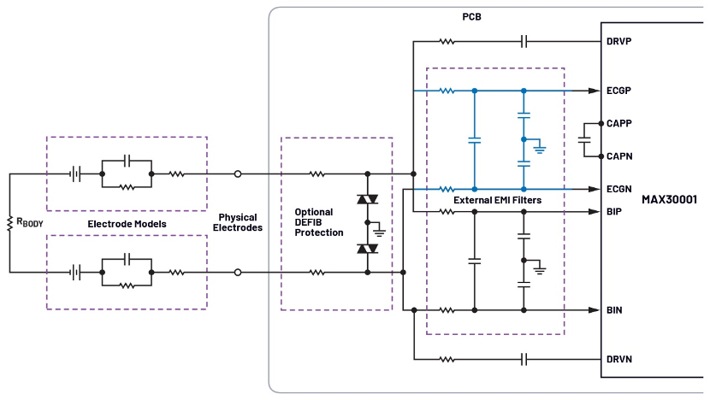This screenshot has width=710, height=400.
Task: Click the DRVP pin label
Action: click(620, 41)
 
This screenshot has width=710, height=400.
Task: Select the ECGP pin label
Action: click(620, 90)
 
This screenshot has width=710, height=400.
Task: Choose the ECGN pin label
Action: click(620, 189)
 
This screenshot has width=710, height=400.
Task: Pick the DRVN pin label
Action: click(620, 359)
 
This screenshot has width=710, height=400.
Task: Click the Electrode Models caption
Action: click(126, 224)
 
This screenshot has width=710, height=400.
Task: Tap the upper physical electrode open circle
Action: click(238, 174)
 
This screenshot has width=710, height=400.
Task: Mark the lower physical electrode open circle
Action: click(238, 273)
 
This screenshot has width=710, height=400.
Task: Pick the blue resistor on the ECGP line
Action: click(447, 90)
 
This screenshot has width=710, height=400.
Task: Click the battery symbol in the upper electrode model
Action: click(76, 174)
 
